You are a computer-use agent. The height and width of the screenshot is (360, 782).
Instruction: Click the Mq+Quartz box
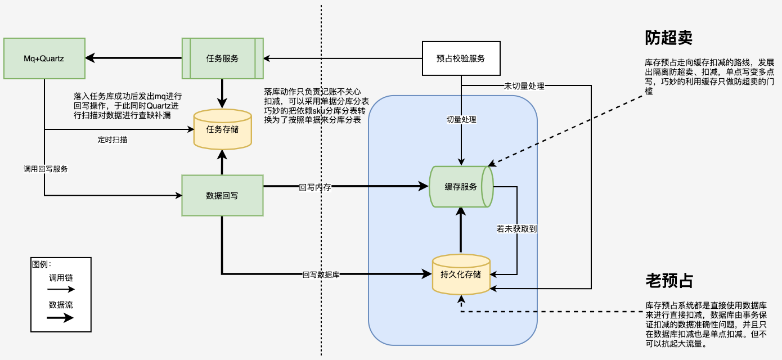(x=44, y=58)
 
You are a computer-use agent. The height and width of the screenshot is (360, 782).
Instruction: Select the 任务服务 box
(x=223, y=58)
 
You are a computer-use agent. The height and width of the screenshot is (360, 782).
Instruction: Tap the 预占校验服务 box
(x=461, y=58)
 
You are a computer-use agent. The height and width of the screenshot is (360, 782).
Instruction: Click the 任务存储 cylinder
(x=222, y=130)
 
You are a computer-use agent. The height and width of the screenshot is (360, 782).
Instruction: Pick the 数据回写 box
(x=223, y=195)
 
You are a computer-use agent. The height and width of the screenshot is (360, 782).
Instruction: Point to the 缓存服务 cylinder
(x=461, y=187)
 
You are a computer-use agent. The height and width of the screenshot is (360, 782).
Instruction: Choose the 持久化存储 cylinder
(x=461, y=274)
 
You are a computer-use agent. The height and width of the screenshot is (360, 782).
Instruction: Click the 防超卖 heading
(x=668, y=38)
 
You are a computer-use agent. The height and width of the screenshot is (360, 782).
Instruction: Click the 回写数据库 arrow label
(x=321, y=274)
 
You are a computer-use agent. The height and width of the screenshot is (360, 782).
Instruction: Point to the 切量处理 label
(x=461, y=120)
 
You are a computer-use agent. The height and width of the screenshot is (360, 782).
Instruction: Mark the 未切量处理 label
(x=525, y=86)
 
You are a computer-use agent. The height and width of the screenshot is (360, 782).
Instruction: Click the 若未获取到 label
(x=517, y=229)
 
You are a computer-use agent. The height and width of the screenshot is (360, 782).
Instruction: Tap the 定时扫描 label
(x=113, y=139)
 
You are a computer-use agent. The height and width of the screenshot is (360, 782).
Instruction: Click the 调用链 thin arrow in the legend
(x=61, y=290)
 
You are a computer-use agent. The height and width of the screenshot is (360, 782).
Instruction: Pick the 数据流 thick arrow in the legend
(x=61, y=317)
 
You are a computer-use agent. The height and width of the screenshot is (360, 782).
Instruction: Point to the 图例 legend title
(x=42, y=264)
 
